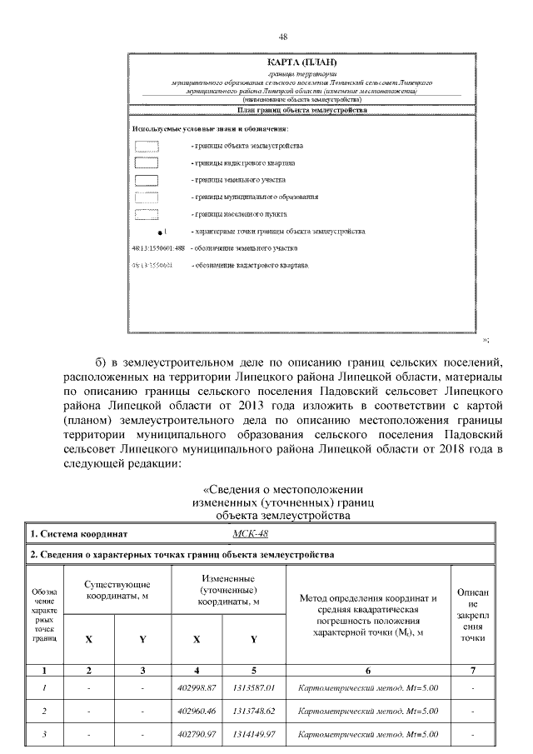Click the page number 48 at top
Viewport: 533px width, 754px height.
tap(283, 37)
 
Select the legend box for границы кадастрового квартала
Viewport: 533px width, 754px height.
tap(147, 162)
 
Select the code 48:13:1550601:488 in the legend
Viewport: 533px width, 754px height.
tap(158, 248)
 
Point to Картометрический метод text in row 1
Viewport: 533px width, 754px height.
tap(367, 687)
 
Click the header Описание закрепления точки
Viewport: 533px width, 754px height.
tap(472, 615)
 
